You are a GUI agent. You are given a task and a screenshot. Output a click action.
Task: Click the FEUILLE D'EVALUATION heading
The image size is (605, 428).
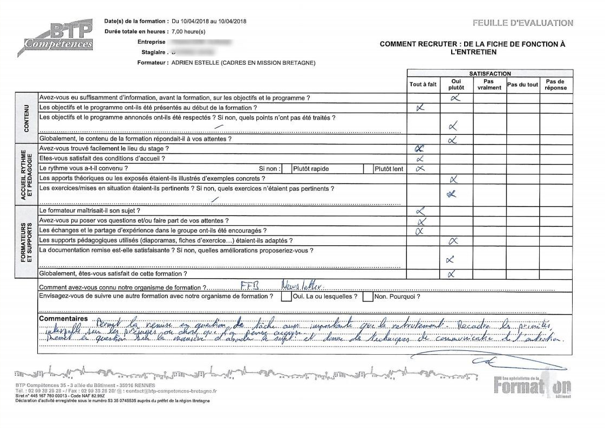(x=522, y=23)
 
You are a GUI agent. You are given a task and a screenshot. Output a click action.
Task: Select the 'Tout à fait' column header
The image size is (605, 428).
(x=423, y=85)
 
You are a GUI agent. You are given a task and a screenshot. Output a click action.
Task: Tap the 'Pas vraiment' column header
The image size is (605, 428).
(x=490, y=85)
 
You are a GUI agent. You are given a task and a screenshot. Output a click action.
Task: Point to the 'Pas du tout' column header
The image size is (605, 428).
(x=522, y=85)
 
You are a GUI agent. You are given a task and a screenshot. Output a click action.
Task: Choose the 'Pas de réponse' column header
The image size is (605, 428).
(x=556, y=85)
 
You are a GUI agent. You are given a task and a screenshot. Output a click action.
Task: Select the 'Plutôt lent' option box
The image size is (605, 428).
(x=389, y=169)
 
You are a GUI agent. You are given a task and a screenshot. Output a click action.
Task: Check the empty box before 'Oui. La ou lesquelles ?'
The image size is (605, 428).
(x=285, y=297)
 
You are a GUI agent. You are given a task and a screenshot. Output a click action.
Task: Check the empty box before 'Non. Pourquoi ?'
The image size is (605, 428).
(x=368, y=297)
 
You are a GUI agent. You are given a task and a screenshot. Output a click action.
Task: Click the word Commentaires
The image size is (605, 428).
(x=63, y=319)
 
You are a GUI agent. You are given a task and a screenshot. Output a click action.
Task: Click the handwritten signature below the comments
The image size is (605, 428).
(x=480, y=358)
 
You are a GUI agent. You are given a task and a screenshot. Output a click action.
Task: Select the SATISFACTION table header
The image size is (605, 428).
(x=490, y=73)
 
